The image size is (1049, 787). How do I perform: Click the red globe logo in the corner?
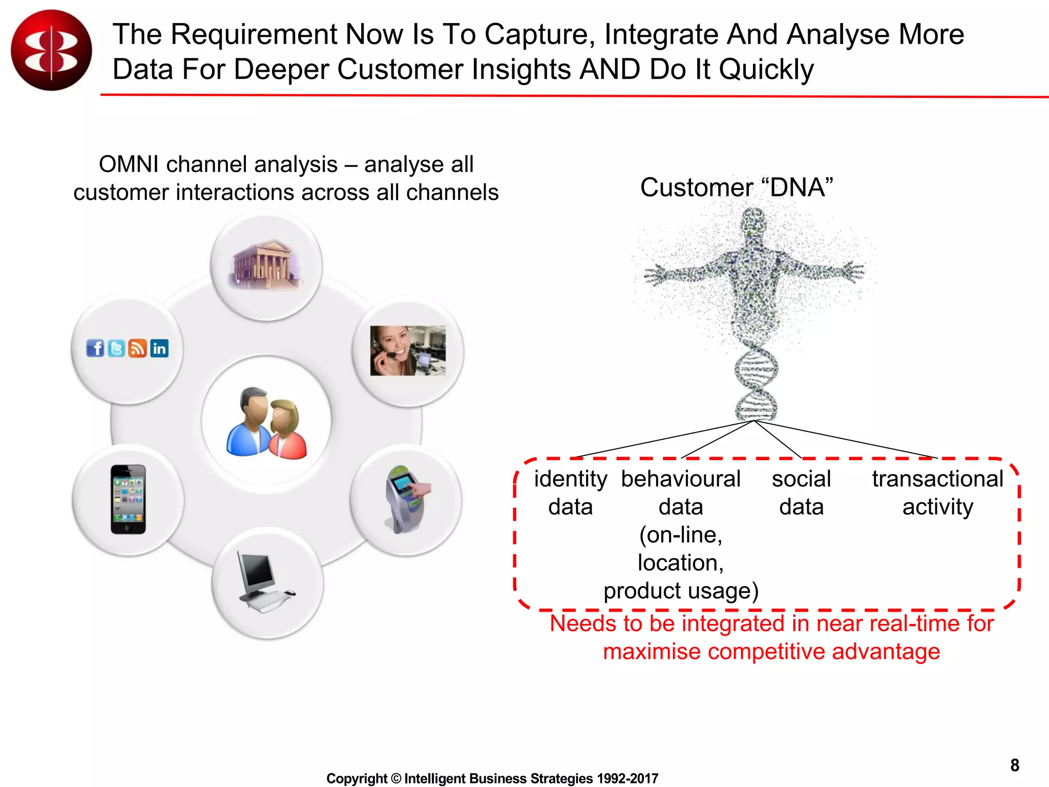[51, 50]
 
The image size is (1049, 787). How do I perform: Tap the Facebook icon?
[95, 348]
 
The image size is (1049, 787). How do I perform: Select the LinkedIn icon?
[159, 348]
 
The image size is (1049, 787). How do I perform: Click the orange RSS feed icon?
[137, 348]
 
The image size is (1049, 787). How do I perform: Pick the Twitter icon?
[116, 348]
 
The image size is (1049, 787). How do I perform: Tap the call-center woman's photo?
[408, 350]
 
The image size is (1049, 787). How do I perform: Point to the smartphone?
[128, 500]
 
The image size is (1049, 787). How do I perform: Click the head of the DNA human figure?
[753, 220]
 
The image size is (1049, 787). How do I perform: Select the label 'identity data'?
[570, 492]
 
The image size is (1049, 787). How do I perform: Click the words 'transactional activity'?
[937, 492]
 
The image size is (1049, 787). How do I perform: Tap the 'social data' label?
[801, 492]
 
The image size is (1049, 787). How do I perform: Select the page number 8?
[1014, 765]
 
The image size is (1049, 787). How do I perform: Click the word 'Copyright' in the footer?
[356, 778]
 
